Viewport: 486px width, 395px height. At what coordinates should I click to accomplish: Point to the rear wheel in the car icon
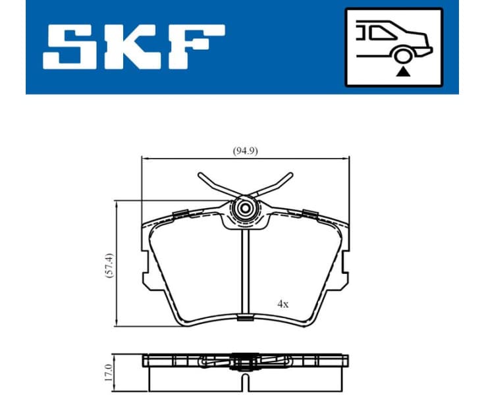pos(401,56)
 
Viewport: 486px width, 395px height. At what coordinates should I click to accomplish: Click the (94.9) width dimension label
pos(245,150)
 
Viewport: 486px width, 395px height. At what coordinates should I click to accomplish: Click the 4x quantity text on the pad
pos(283,305)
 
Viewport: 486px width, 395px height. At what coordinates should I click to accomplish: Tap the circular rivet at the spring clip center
pos(246,209)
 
